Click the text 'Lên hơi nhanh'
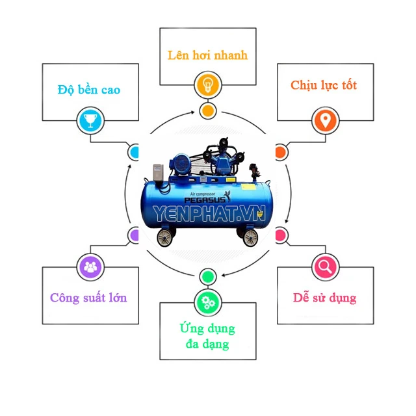click(x=207, y=55)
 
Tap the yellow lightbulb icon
click(x=207, y=84)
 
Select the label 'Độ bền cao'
click(x=88, y=90)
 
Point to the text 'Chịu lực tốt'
click(x=324, y=86)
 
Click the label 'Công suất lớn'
click(x=88, y=298)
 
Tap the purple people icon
click(x=90, y=266)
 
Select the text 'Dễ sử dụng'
click(x=325, y=298)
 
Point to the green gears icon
click(x=207, y=301)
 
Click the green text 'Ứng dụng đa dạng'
click(x=207, y=335)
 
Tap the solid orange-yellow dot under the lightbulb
click(x=207, y=110)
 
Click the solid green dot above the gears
click(x=207, y=276)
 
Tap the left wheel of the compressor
click(x=166, y=238)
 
